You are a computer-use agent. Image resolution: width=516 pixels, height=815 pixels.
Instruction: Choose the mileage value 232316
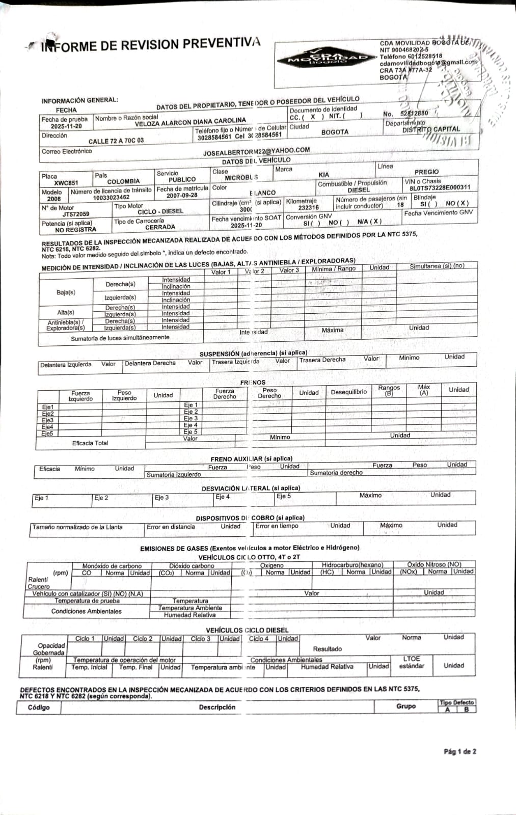coord(308,208)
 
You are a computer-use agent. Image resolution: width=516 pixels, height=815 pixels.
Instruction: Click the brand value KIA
coord(323,175)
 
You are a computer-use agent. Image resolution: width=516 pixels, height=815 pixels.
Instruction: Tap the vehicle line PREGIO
coord(426,172)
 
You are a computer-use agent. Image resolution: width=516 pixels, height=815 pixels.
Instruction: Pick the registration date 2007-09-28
coord(182,196)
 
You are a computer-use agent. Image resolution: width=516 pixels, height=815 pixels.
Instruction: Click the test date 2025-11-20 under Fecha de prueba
coord(66,126)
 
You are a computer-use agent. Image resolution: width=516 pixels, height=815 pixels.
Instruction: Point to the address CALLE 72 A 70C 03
coord(116,141)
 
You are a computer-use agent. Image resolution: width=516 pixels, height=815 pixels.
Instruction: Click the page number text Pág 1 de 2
coord(459,751)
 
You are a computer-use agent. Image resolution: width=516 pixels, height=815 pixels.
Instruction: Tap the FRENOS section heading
coord(253,382)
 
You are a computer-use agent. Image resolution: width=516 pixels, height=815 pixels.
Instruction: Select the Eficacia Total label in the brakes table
coord(90,443)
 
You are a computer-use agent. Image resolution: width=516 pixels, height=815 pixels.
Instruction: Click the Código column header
coord(39,708)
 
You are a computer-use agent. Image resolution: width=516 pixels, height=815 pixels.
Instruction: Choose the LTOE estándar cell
coord(411,662)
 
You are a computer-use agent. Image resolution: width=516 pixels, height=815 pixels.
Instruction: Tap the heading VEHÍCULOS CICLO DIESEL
coord(247,630)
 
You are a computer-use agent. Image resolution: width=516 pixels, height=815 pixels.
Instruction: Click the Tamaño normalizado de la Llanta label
coord(77,527)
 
